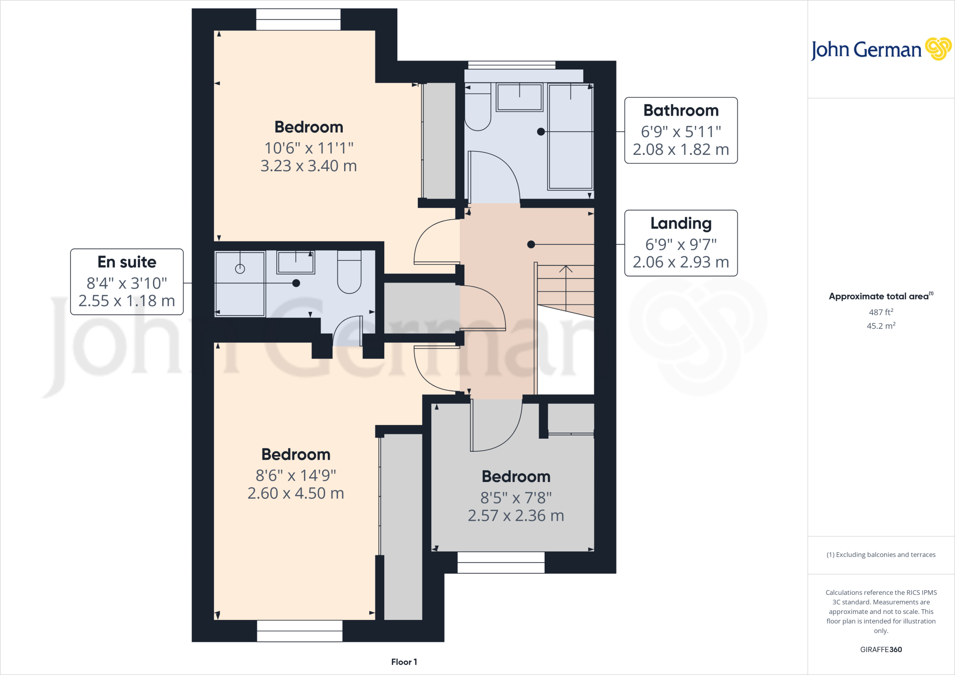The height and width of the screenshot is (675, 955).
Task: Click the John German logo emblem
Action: [x=938, y=49]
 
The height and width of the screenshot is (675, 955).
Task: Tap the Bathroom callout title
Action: [x=681, y=110]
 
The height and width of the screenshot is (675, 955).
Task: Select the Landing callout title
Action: [x=681, y=224]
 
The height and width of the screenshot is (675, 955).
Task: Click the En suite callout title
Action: [x=127, y=262]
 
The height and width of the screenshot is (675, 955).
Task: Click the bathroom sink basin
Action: [x=519, y=97]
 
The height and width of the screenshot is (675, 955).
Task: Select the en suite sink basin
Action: [x=296, y=262]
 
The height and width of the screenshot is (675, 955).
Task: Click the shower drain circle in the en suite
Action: [x=240, y=269]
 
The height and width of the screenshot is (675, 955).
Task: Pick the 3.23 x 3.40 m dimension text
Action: [x=309, y=166]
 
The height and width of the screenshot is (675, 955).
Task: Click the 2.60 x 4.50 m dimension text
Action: [x=296, y=493]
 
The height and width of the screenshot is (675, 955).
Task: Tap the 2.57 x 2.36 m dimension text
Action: [x=516, y=516]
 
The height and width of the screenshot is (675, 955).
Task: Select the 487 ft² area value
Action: [x=881, y=312]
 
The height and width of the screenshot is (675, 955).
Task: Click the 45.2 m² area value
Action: [x=881, y=326]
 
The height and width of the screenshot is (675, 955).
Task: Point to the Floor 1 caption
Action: [x=404, y=662]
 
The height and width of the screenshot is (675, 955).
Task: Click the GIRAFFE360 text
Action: [x=881, y=649]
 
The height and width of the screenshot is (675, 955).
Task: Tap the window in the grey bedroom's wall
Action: [x=501, y=562]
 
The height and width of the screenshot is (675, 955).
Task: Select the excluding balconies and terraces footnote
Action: [x=881, y=555]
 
